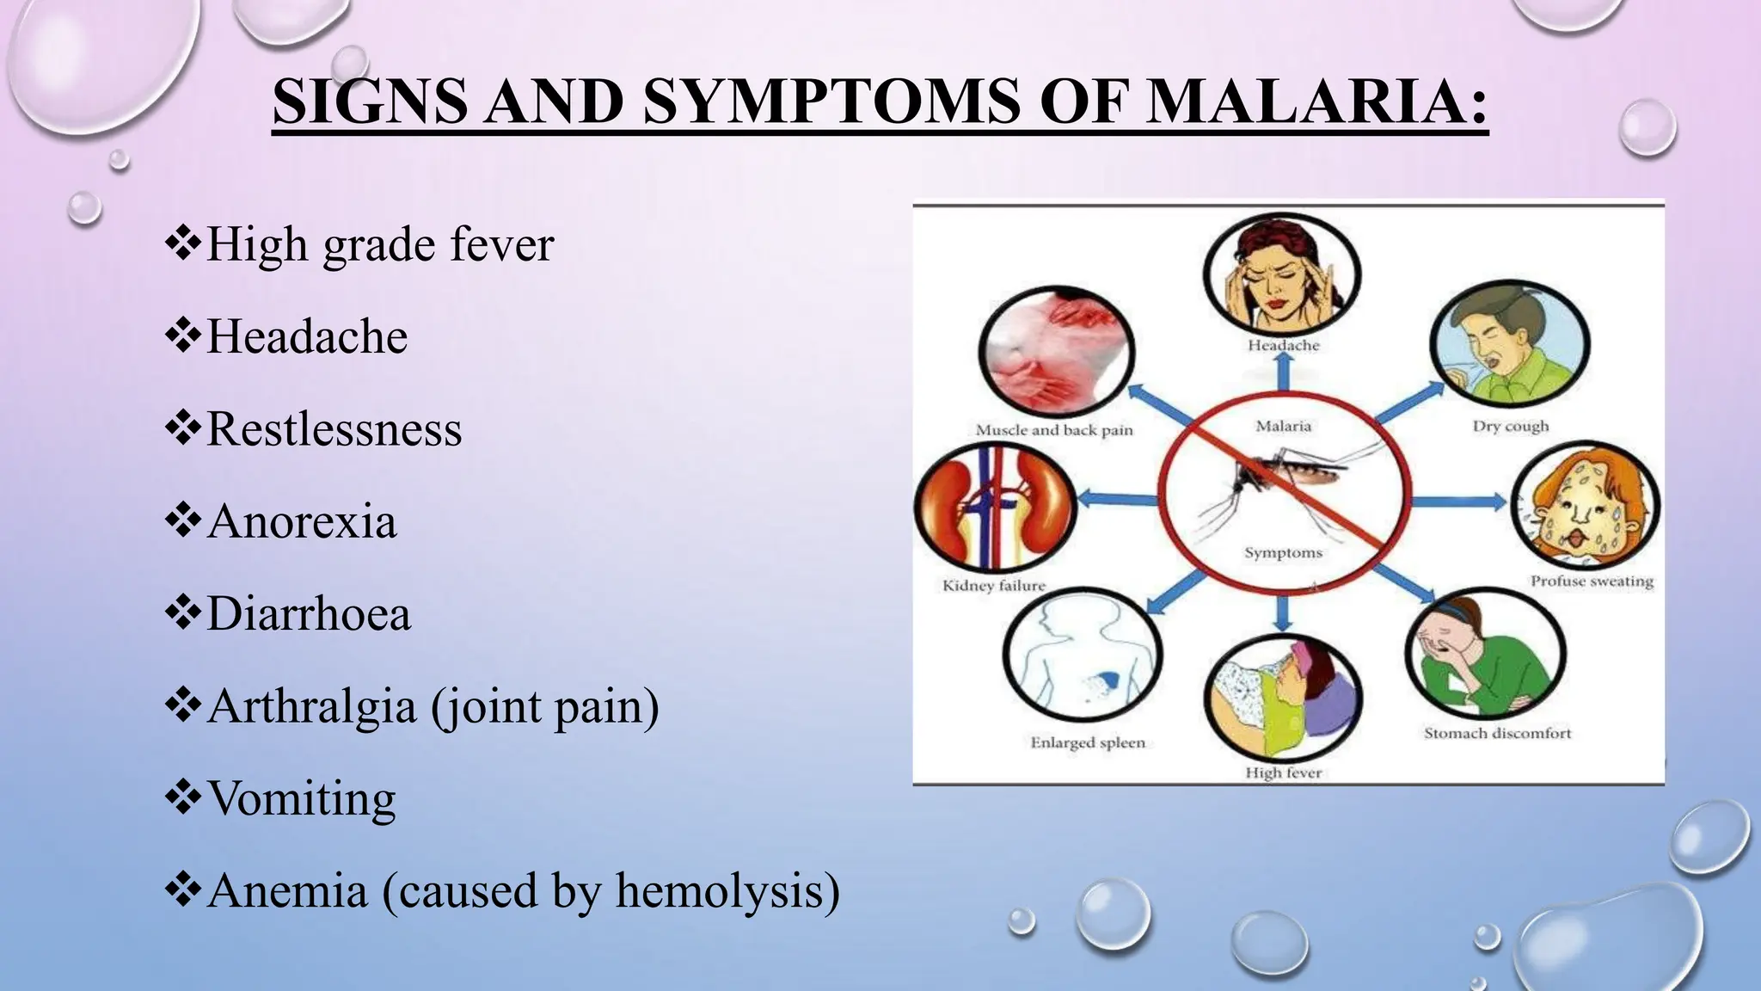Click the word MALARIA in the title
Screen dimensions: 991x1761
click(1316, 102)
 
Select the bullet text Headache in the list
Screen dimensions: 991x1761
click(307, 335)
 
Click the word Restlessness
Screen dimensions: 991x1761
click(334, 428)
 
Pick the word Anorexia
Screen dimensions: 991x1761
click(302, 521)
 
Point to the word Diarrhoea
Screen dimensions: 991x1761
click(309, 614)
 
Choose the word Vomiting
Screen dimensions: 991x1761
click(302, 798)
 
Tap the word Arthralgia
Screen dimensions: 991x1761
click(312, 706)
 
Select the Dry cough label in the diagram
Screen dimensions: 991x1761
click(1510, 426)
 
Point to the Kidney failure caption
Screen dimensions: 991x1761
click(994, 586)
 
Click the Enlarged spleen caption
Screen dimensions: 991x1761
click(1088, 742)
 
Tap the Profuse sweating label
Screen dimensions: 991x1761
click(1592, 582)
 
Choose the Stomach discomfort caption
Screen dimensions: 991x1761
click(1497, 733)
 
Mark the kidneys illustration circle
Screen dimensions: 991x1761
click(995, 506)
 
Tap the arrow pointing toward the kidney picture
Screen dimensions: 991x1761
click(1117, 498)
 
